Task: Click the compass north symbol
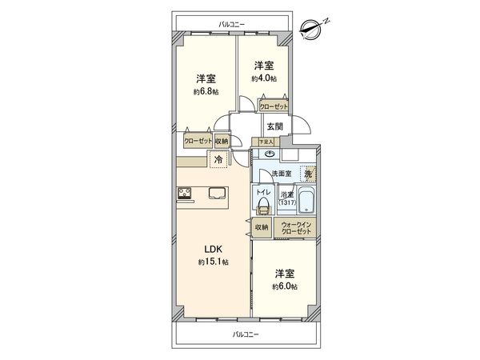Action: (310, 30)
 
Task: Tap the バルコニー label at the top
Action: (232, 25)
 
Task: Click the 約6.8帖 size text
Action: (205, 92)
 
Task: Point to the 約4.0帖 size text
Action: (265, 78)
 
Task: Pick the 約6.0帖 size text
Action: (284, 286)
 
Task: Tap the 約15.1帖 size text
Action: (214, 262)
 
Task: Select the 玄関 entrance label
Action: (274, 126)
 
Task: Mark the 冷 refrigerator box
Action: (217, 160)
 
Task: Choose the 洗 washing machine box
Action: (308, 174)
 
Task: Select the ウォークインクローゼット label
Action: (294, 229)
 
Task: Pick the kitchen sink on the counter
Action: (218, 192)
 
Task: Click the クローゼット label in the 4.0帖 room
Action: (274, 106)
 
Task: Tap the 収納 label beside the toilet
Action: (262, 227)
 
